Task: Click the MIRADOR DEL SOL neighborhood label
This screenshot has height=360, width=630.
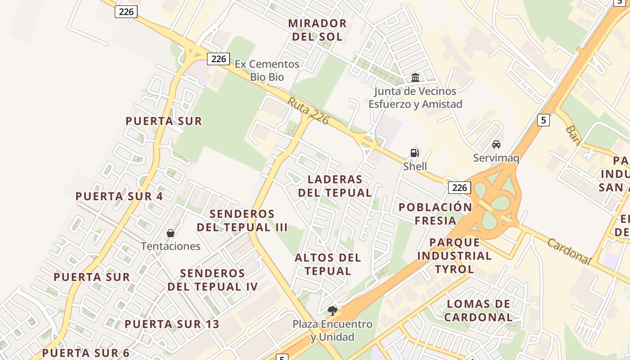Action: pyautogui.click(x=317, y=30)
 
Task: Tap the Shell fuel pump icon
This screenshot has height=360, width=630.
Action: pyautogui.click(x=415, y=153)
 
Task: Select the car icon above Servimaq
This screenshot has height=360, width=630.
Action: pyautogui.click(x=496, y=144)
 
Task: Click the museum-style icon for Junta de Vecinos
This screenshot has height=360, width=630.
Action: pyautogui.click(x=415, y=78)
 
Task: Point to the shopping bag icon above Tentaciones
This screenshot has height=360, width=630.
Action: pyautogui.click(x=171, y=233)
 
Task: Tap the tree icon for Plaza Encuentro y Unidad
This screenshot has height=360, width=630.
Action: pyautogui.click(x=333, y=310)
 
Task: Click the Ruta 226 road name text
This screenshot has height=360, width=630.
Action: pyautogui.click(x=309, y=111)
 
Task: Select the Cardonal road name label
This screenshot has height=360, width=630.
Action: pyautogui.click(x=569, y=251)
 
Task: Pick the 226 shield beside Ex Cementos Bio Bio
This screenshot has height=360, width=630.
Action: pyautogui.click(x=219, y=58)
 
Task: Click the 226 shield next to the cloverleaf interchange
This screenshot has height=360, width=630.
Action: pyautogui.click(x=459, y=187)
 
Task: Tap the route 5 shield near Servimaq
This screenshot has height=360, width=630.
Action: pyautogui.click(x=544, y=120)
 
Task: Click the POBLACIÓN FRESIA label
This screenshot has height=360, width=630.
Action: pyautogui.click(x=435, y=214)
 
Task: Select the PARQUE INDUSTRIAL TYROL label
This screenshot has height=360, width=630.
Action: pyautogui.click(x=454, y=256)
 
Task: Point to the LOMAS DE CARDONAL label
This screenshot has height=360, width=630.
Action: pyautogui.click(x=478, y=310)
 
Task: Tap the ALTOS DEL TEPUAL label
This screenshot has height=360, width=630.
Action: pyautogui.click(x=328, y=264)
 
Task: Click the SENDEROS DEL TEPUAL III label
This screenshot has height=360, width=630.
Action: pyautogui.click(x=242, y=220)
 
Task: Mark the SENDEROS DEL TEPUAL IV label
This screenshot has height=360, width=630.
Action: pyautogui.click(x=213, y=280)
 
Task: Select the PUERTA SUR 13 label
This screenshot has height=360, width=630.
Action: pyautogui.click(x=172, y=324)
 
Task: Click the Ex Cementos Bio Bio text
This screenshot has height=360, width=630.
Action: pyautogui.click(x=267, y=70)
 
